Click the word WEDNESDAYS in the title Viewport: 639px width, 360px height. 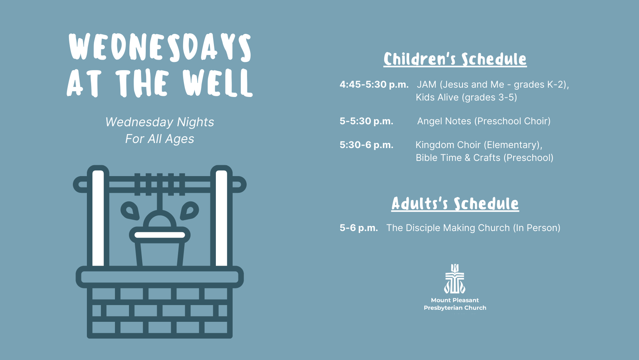pos(160,47)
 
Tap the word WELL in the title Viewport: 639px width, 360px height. pos(217,83)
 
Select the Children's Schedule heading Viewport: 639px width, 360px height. pos(455,59)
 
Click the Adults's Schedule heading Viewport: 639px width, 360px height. pos(455,204)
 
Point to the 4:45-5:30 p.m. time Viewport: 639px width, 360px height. pos(374,85)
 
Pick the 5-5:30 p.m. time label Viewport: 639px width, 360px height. pos(366,121)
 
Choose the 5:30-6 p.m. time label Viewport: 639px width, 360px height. pos(366,145)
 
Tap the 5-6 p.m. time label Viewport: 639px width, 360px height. pos(358,228)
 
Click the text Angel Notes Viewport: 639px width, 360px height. pos(444,121)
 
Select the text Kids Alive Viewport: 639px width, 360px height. pos(437,97)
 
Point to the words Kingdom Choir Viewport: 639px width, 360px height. pos(448,145)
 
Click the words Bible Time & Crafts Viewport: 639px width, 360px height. pos(458,158)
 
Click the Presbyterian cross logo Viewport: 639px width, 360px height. pos(455,279)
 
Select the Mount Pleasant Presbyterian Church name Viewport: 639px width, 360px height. pos(455,304)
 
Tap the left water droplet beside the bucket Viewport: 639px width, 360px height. pos(130,210)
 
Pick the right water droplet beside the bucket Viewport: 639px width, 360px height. pos(189,210)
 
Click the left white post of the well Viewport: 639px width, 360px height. pos(98,218)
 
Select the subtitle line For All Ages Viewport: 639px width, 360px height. pos(160,139)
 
